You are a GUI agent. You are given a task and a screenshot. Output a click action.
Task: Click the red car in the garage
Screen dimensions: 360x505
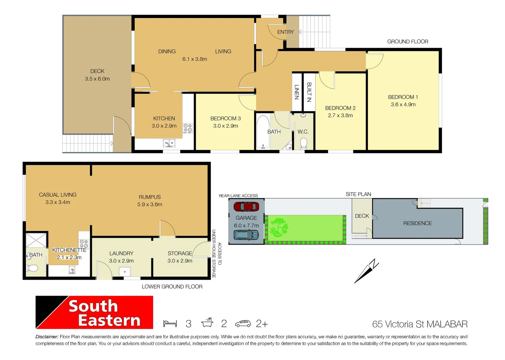coord(246,207)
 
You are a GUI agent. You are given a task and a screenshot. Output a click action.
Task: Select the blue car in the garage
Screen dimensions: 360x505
coord(246,235)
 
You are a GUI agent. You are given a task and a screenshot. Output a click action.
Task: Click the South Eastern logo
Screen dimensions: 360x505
coord(94,312)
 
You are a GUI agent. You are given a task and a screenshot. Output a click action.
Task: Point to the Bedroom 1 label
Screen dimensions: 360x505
coord(403,97)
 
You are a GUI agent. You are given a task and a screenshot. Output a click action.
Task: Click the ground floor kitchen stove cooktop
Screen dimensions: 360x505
coord(188,128)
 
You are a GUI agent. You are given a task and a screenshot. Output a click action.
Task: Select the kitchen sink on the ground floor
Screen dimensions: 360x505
coord(169,143)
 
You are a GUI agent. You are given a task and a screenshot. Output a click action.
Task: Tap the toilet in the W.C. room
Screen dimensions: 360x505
coord(304,143)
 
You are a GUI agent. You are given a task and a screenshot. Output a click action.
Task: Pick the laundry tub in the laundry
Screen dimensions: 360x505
coord(125,272)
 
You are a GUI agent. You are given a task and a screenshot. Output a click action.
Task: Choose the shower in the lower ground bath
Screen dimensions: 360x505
coord(36,240)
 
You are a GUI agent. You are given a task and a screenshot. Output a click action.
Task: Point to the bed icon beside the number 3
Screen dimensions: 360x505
coord(170,324)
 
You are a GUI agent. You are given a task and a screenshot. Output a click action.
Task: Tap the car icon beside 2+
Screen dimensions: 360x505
coord(243,324)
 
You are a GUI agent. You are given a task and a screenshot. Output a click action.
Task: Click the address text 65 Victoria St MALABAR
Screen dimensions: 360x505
coord(420,324)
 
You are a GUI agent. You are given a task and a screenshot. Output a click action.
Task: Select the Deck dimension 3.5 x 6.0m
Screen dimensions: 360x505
coord(97,79)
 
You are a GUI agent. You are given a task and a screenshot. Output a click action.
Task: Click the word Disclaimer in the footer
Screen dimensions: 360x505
coord(47,337)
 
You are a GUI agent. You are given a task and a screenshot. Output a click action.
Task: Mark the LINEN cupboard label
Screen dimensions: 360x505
coord(297,92)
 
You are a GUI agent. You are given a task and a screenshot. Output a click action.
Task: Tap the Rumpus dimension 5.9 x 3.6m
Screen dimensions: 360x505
coord(149,204)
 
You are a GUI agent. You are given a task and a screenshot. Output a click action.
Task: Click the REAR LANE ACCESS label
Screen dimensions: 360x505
coord(238,196)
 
